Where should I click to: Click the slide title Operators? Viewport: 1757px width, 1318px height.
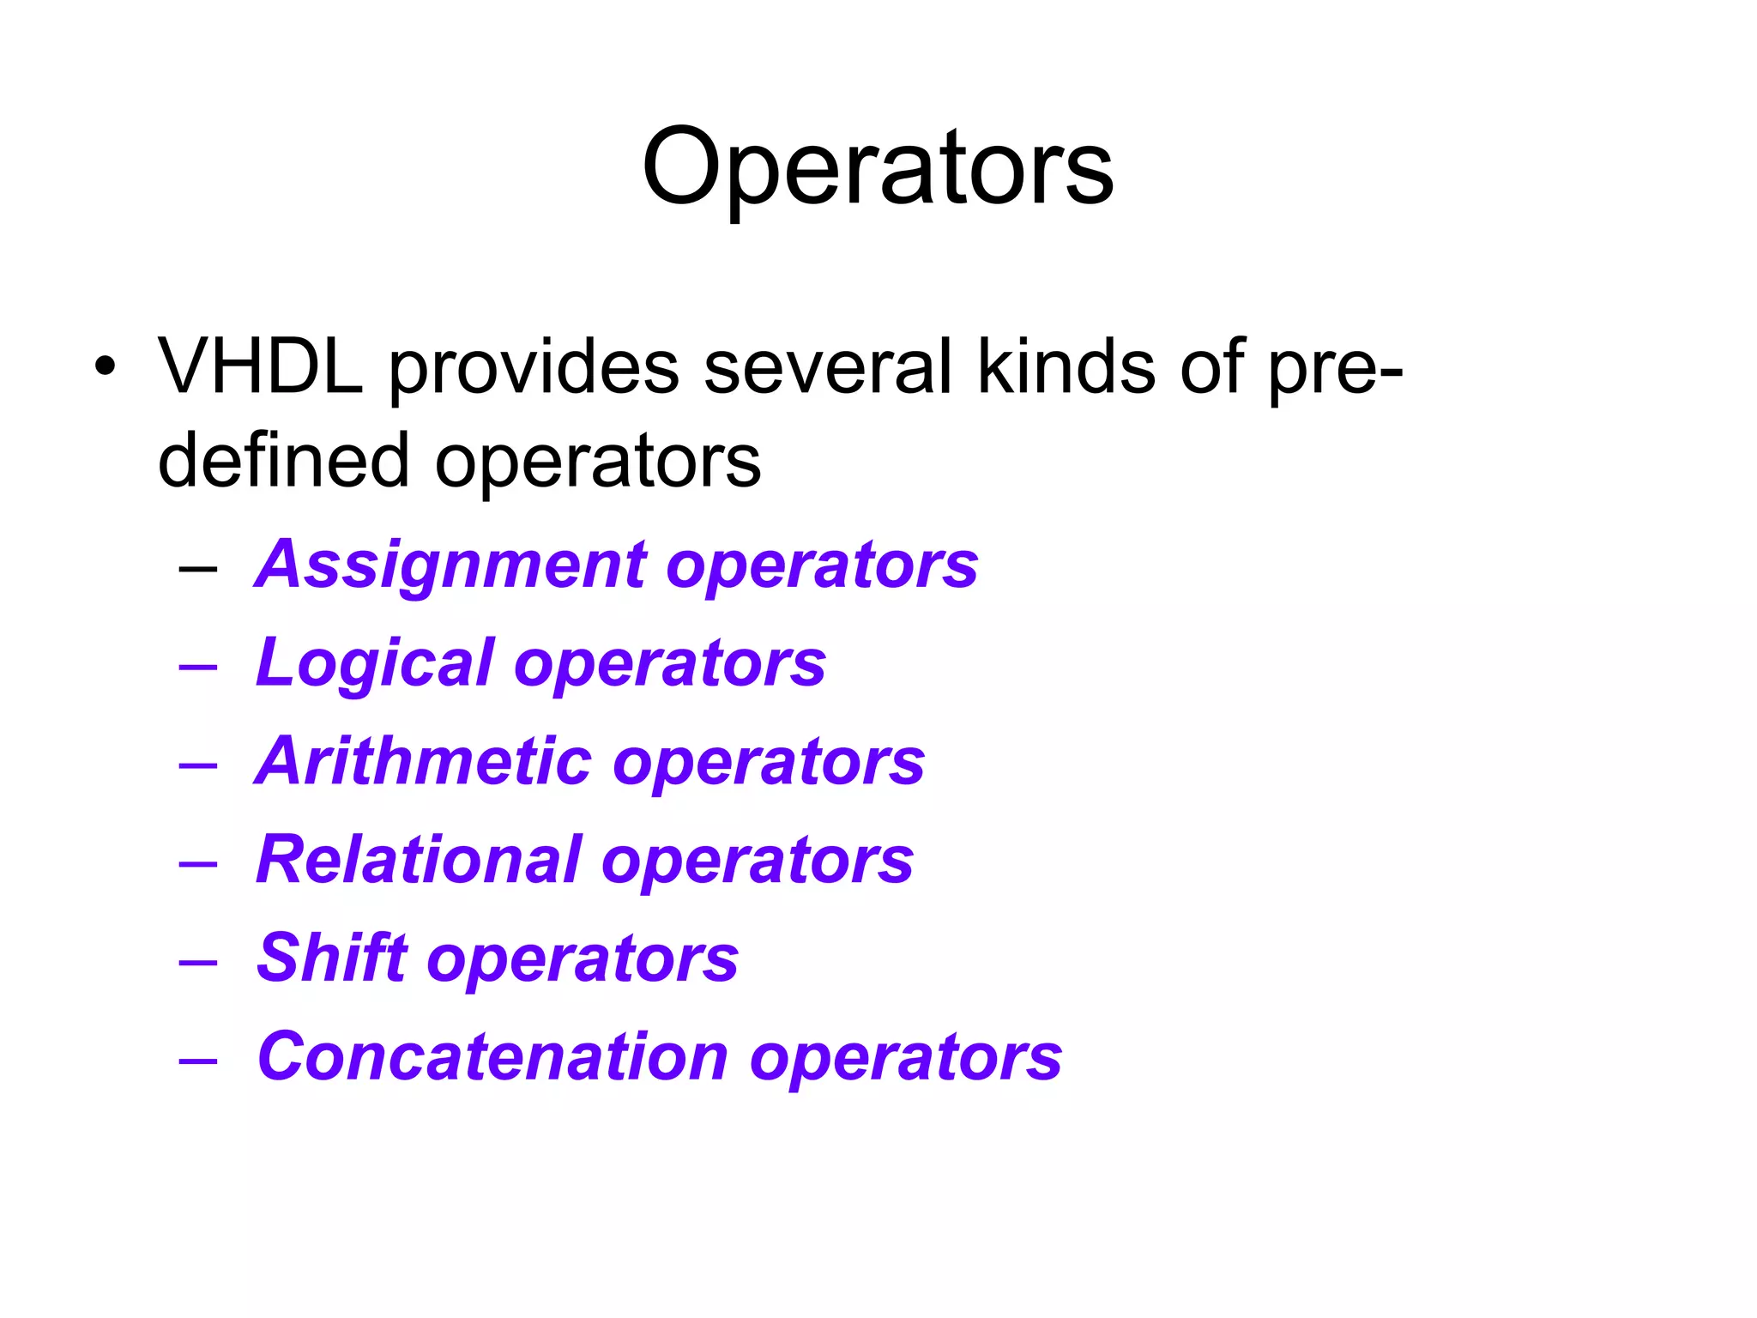point(877,167)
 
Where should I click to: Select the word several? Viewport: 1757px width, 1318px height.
point(828,367)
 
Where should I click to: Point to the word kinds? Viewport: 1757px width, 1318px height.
point(1066,367)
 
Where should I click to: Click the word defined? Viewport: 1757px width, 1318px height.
point(283,461)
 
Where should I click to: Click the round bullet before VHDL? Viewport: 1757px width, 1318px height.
point(105,367)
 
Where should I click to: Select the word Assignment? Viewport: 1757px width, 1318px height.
point(451,566)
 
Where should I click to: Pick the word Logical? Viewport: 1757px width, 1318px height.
point(376,664)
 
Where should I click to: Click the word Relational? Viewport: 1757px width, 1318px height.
point(419,860)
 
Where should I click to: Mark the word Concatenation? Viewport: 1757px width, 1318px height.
point(492,1056)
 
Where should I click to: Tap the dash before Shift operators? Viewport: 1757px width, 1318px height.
point(198,962)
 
